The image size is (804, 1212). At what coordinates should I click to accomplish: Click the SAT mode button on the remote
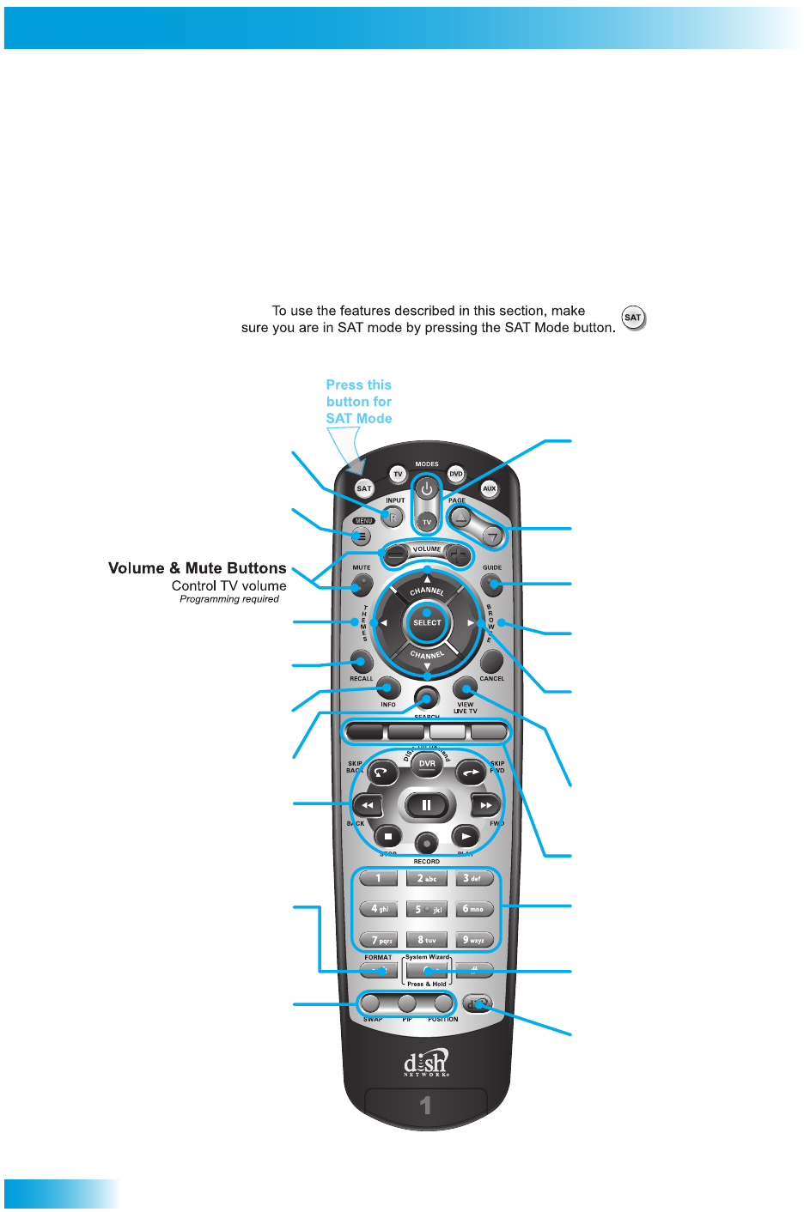pos(364,488)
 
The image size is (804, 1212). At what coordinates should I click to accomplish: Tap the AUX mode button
pos(489,488)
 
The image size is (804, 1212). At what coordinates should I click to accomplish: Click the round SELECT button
pos(427,623)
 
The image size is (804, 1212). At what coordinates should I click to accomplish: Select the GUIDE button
pos(491,585)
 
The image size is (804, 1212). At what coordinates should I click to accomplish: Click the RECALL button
pos(362,662)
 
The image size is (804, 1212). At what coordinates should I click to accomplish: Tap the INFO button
pos(389,688)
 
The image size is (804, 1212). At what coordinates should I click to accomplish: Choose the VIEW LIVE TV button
pos(465,688)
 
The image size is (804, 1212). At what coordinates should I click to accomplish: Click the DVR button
pos(427,763)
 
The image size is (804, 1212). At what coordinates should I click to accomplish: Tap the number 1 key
pos(378,878)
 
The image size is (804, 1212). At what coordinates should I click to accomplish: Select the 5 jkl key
pos(427,909)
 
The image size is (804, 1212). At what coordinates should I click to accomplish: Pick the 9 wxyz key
pos(474,940)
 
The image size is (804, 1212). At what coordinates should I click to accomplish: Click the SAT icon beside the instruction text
pos(633,318)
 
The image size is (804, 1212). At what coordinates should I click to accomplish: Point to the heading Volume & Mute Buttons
pos(198,568)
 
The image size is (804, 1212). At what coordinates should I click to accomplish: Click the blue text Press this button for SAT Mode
pos(359,402)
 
